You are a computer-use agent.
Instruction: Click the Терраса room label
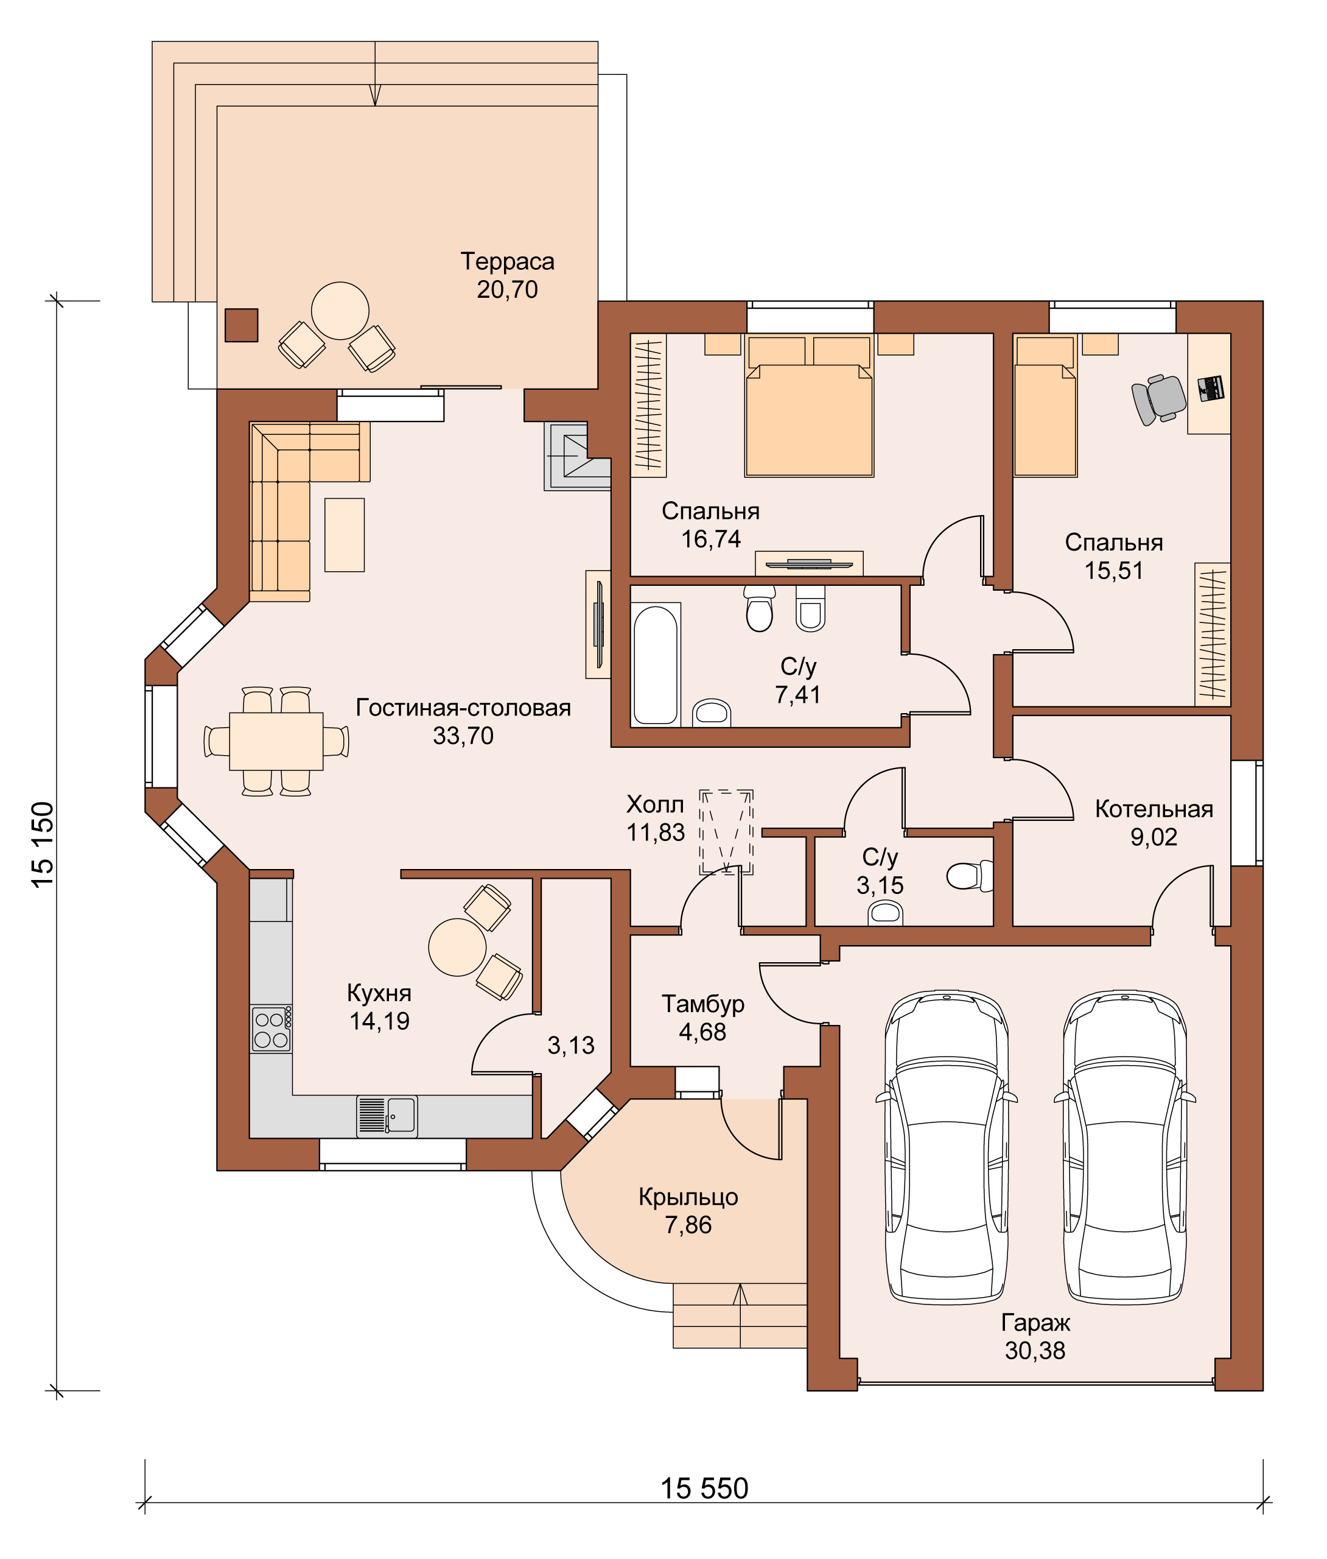(508, 261)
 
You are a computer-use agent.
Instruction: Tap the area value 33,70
(463, 735)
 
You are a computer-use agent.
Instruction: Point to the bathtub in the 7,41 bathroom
(656, 664)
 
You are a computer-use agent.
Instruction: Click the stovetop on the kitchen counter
(271, 1029)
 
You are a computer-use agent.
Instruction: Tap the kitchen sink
(387, 1116)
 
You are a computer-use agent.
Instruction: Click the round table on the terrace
(340, 311)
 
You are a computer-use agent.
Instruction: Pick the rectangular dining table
(276, 741)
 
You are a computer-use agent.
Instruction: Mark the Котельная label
(1154, 809)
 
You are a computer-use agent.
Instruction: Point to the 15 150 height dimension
(43, 844)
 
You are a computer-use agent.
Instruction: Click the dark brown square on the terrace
(242, 325)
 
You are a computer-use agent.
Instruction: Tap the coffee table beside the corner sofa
(345, 535)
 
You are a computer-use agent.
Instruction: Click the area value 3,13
(571, 1045)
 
